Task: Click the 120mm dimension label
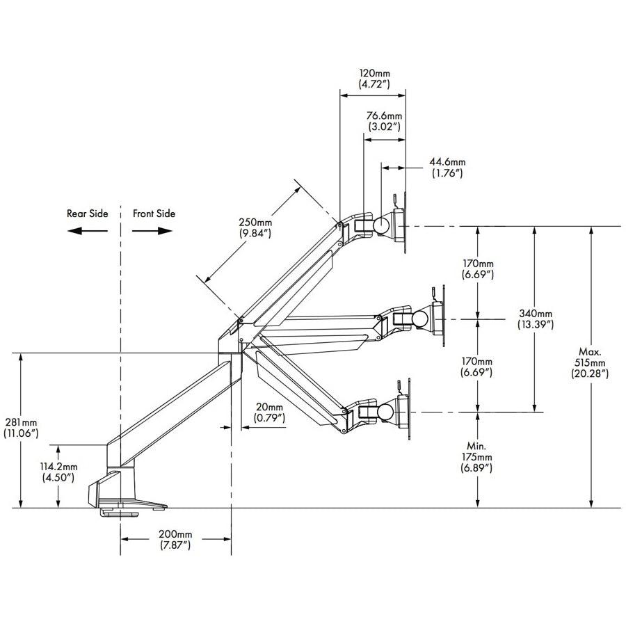pos(374,78)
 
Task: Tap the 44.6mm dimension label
pos(447,168)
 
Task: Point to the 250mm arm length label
pos(254,228)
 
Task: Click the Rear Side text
pos(87,214)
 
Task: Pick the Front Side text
pos(154,214)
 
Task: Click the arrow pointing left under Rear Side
pos(87,231)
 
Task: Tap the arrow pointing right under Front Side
pos(154,231)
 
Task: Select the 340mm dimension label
pos(536,319)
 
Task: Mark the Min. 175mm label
pos(477,456)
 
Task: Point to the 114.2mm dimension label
pos(58,472)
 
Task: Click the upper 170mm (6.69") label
pos(477,269)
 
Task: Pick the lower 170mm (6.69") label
pos(477,367)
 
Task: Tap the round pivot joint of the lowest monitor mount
pos(381,411)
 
